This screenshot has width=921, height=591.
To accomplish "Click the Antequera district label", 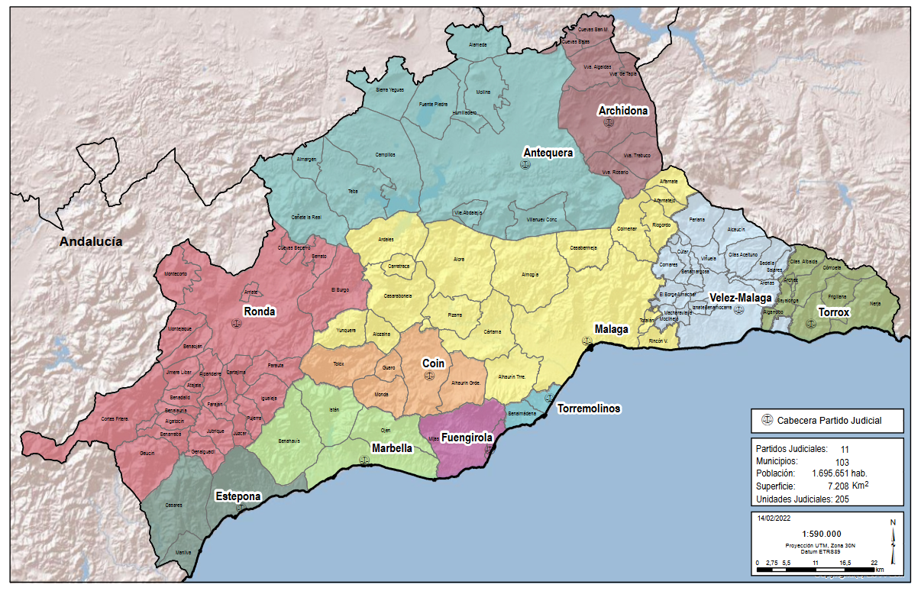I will pyautogui.click(x=548, y=153).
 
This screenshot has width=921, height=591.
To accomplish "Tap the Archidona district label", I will pyautogui.click(x=623, y=111).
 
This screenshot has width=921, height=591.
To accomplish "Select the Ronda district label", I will pyautogui.click(x=259, y=312).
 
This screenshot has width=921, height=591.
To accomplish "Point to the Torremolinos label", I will pyautogui.click(x=589, y=409).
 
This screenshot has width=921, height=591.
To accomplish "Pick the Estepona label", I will pyautogui.click(x=238, y=496).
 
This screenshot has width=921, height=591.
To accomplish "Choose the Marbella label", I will pyautogui.click(x=392, y=447).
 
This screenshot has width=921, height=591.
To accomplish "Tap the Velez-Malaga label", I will pyautogui.click(x=740, y=298).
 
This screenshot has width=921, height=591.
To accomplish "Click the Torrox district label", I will pyautogui.click(x=833, y=312).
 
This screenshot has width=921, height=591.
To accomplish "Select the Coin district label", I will pyautogui.click(x=433, y=364).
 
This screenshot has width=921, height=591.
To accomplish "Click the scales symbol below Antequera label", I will pyautogui.click(x=525, y=165).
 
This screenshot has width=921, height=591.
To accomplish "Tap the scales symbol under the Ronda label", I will pyautogui.click(x=236, y=324).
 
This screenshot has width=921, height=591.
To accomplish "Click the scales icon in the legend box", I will pyautogui.click(x=767, y=421).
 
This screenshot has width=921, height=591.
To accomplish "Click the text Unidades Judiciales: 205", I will pyautogui.click(x=802, y=499).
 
